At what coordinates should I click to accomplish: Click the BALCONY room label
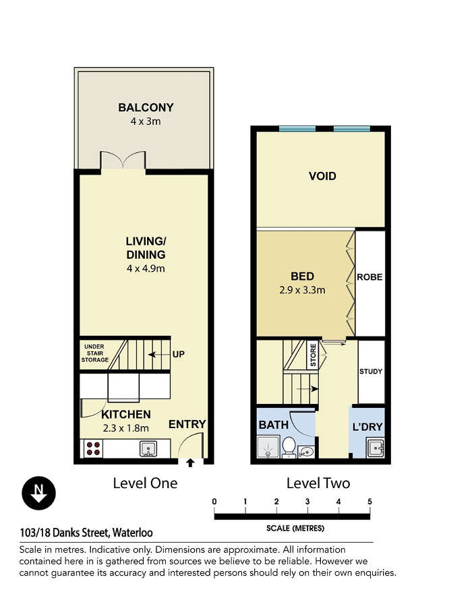click(x=146, y=108)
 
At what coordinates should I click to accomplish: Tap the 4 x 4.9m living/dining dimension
click(x=146, y=268)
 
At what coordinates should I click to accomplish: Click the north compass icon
click(x=38, y=493)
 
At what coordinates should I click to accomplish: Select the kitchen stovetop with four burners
click(x=93, y=448)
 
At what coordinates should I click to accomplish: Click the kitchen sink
click(x=148, y=448)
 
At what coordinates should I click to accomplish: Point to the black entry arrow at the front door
click(x=190, y=463)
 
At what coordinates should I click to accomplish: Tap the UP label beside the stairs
click(x=178, y=354)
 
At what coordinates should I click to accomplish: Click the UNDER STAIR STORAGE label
click(x=94, y=353)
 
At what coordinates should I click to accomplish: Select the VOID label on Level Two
click(x=322, y=177)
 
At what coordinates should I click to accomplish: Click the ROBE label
click(x=370, y=277)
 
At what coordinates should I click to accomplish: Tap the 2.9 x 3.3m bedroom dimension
click(x=302, y=291)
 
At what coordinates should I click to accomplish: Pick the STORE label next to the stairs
click(x=313, y=355)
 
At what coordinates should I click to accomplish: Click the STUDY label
click(x=371, y=371)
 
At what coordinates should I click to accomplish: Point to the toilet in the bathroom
click(x=289, y=447)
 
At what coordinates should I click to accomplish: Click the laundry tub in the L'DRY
click(x=376, y=448)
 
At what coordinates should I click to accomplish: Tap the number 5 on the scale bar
click(x=370, y=502)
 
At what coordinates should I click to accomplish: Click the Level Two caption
click(x=318, y=483)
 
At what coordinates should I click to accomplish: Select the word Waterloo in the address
click(x=132, y=533)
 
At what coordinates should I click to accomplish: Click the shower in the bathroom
click(x=268, y=448)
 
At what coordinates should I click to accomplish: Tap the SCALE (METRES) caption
click(x=295, y=529)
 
